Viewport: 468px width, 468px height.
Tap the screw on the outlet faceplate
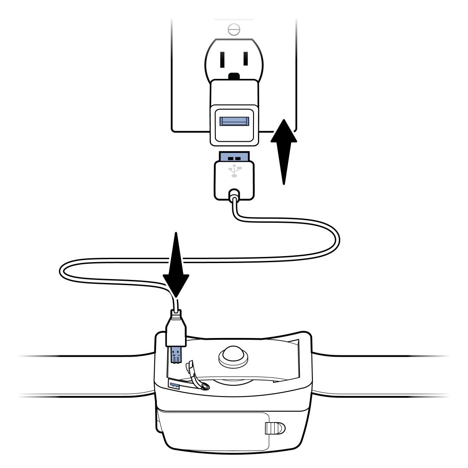tap(234, 29)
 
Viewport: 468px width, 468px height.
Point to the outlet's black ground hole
tap(234, 77)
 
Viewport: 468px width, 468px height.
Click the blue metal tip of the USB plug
tap(234, 156)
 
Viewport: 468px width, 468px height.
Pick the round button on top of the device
tap(234, 357)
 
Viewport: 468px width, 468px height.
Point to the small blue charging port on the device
tap(174, 384)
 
